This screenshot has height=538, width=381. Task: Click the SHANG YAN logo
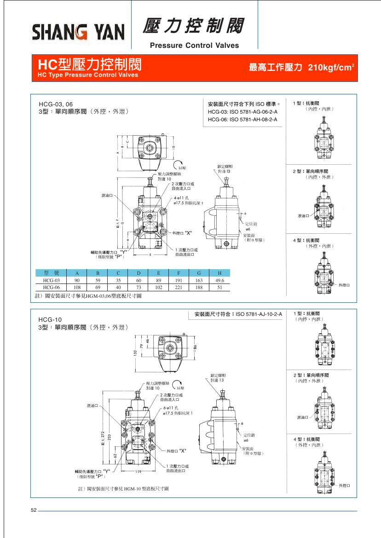78,32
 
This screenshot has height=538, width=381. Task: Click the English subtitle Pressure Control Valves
195,46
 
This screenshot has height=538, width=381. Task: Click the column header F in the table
179,273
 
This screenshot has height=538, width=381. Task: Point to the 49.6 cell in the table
219,280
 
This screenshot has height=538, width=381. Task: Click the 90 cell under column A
77,280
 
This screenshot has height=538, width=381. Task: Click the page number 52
34,510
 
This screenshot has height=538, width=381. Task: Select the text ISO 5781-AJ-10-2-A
259,314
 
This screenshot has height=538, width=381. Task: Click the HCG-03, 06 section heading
55,104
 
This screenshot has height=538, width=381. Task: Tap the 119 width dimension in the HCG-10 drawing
138,472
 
